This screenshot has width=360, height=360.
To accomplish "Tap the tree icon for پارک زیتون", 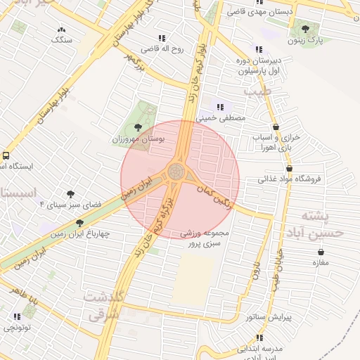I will (x=305, y=29).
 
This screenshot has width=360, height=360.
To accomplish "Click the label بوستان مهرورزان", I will (x=138, y=140).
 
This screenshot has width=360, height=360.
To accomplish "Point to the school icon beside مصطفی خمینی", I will (x=220, y=108).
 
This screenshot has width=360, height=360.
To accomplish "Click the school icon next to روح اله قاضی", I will (x=162, y=38).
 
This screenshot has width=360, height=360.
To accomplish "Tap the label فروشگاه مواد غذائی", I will (x=290, y=179).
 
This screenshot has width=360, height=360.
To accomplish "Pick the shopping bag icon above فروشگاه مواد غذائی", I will (x=289, y=168).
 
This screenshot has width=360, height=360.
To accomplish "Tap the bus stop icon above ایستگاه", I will (x=6, y=155).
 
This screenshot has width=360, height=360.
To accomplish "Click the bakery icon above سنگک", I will (x=62, y=30).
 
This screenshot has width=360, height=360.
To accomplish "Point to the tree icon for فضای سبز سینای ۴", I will (x=70, y=193).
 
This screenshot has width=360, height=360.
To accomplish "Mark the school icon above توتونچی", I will (x=16, y=316).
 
